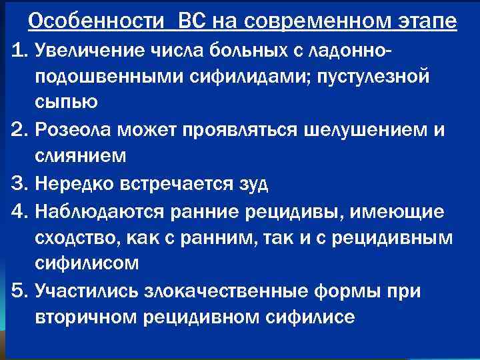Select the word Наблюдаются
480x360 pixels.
(102, 212)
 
